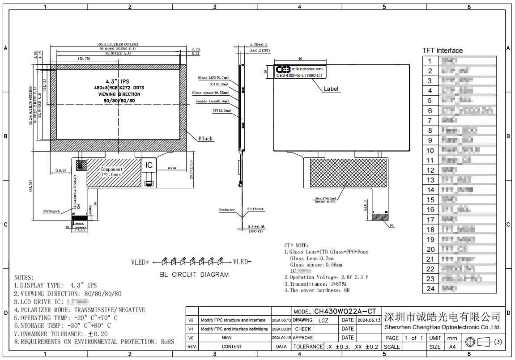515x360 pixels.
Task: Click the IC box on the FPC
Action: coord(149,165)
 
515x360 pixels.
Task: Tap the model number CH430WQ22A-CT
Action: coord(345,311)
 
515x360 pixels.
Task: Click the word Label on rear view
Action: coord(331,89)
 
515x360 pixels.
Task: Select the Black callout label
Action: coord(205,139)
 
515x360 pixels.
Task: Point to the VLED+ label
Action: coord(140,262)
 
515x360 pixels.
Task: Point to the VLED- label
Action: coord(242,262)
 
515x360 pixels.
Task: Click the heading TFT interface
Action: coord(443,51)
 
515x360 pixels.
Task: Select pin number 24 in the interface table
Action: coord(430,289)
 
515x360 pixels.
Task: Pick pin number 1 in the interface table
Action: coord(430,61)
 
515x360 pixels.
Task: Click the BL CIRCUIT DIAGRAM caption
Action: coord(194,275)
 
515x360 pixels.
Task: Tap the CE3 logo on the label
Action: coord(283,70)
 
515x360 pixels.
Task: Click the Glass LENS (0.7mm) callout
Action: coord(213,77)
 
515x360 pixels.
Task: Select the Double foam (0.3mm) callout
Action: coord(213,102)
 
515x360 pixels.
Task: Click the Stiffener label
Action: coord(255,209)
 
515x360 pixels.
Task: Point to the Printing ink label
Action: coord(51,211)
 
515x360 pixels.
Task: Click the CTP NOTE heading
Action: coord(296,246)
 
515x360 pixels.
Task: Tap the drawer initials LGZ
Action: coord(323,320)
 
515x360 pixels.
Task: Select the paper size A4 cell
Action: coord(452,347)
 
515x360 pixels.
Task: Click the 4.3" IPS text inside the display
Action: coord(117,81)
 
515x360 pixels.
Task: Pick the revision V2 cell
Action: coord(191,320)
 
